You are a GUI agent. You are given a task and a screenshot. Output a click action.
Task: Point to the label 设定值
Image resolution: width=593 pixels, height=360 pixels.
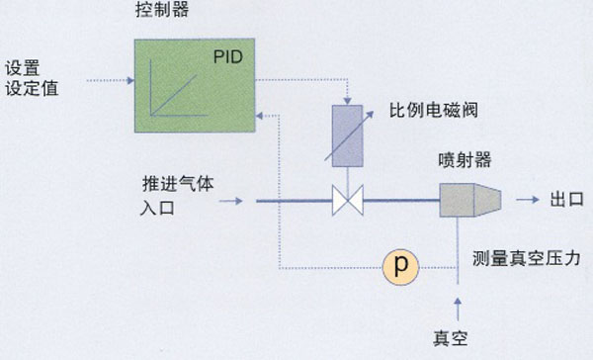click(32, 89)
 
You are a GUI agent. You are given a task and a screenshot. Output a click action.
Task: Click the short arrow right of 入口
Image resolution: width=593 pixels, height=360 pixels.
click(228, 202)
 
